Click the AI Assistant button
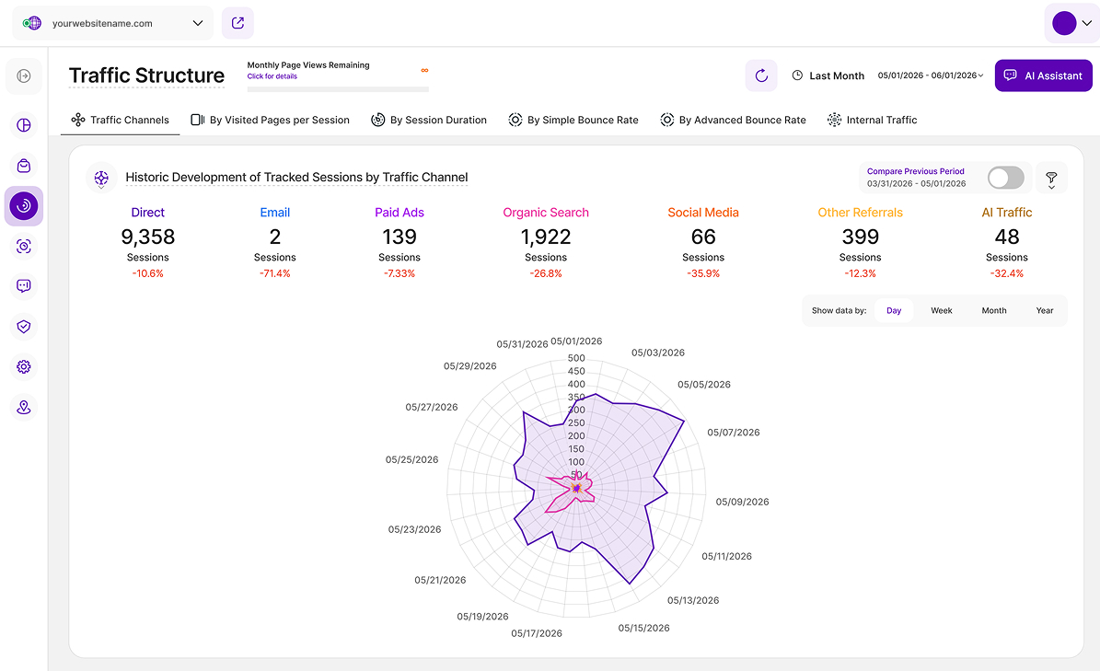click(1043, 75)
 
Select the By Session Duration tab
click(429, 120)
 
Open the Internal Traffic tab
click(872, 120)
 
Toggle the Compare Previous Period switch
click(1005, 178)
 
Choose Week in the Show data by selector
click(942, 310)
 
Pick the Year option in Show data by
click(1045, 310)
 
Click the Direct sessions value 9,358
click(148, 237)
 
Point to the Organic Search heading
click(546, 213)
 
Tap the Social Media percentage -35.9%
click(703, 273)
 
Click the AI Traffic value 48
click(1007, 237)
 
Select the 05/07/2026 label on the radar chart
click(733, 433)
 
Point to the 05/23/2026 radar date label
click(414, 529)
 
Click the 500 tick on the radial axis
click(576, 358)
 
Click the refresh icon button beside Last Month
click(761, 75)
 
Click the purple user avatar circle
click(1064, 23)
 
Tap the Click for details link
click(272, 76)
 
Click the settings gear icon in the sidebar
click(24, 366)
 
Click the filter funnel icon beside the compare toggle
click(1051, 178)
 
